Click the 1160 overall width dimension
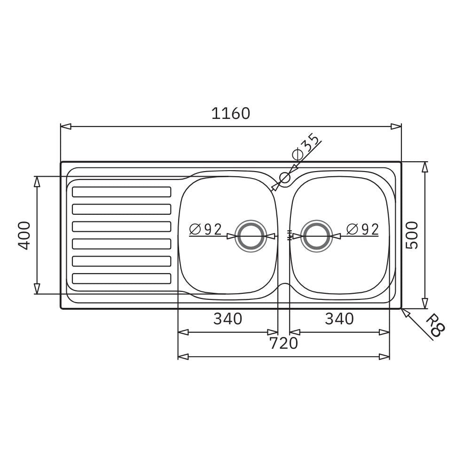[230, 113]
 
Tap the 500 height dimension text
[412, 235]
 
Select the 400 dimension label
[25, 235]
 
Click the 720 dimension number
[283, 344]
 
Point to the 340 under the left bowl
[228, 319]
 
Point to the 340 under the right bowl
[339, 319]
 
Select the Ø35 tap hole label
[305, 147]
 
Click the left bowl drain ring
[251, 236]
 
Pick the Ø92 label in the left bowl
[205, 229]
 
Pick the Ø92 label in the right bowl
[362, 229]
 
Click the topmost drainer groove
[121, 192]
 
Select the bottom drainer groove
[121, 279]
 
